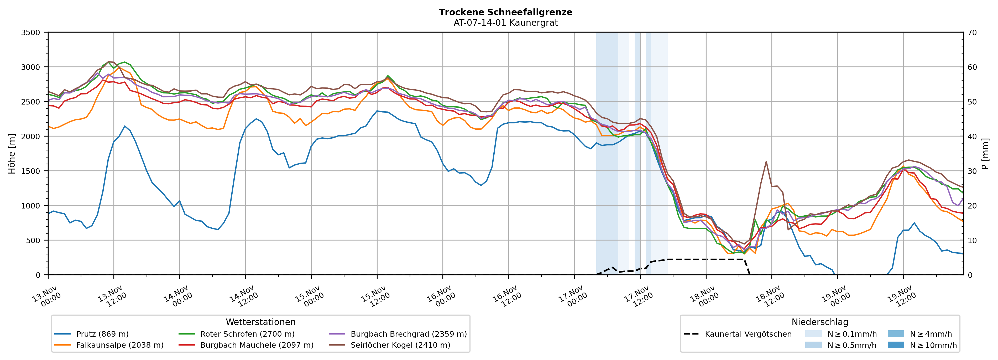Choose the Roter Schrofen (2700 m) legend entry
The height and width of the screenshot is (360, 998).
pyautogui.click(x=247, y=334)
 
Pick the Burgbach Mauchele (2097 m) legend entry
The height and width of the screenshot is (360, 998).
pyautogui.click(x=257, y=345)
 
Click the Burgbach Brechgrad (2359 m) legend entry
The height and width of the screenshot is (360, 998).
pyautogui.click(x=408, y=334)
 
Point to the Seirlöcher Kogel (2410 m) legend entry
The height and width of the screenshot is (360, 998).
pyautogui.click(x=400, y=345)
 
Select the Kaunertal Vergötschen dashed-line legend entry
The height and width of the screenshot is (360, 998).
pyautogui.click(x=748, y=334)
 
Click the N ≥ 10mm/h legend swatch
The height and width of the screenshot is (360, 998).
pyautogui.click(x=896, y=345)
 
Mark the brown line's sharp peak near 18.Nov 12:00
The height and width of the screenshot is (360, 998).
pyautogui.click(x=766, y=161)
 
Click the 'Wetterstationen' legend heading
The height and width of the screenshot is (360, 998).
pyautogui.click(x=260, y=322)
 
